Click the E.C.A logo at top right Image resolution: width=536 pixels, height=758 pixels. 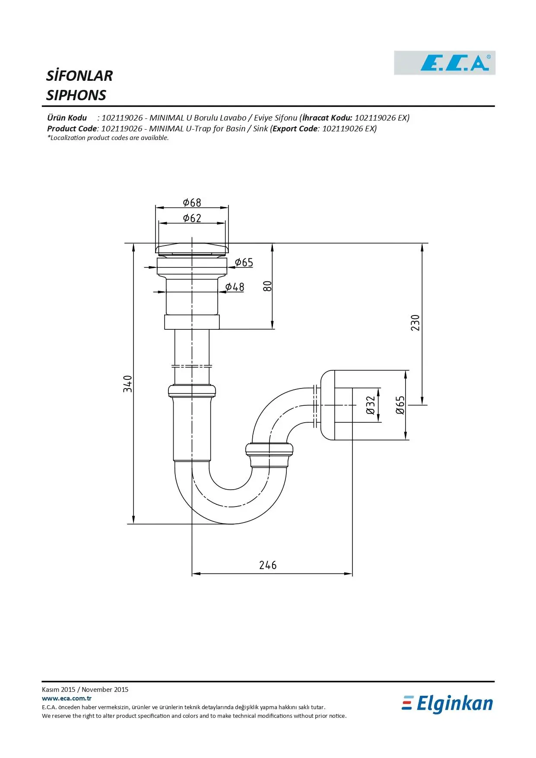444,63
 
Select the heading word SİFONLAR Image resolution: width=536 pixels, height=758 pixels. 79,76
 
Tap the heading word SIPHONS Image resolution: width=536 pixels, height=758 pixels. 76,95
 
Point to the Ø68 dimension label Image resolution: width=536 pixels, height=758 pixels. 192,202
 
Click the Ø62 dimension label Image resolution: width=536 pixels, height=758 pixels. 192,218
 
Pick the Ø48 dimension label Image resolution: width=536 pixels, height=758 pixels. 235,287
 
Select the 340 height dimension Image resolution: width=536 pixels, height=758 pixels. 127,384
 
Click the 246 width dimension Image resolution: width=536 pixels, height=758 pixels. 268,565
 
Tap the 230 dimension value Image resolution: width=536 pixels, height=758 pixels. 415,323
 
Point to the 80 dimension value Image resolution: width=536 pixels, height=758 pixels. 267,286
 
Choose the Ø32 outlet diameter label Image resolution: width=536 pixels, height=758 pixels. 371,405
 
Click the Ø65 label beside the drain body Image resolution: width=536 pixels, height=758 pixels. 244,262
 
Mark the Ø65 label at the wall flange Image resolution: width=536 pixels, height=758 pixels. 400,405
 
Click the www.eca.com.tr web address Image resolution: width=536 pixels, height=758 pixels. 67,698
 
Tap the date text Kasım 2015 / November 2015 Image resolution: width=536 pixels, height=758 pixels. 85,689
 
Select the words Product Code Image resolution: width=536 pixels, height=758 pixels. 72,128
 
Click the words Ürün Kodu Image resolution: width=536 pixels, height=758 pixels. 67,118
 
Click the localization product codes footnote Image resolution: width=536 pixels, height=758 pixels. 108,138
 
